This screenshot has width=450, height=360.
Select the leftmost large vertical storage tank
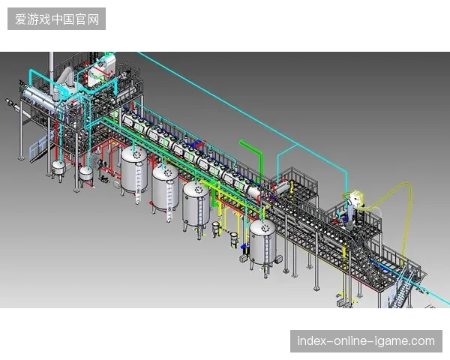tap(134, 169)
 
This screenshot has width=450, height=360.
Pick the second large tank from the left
tap(165, 189)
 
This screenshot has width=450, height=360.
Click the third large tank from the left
tap(196, 207)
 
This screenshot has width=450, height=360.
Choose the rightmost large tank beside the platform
tap(263, 242)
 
